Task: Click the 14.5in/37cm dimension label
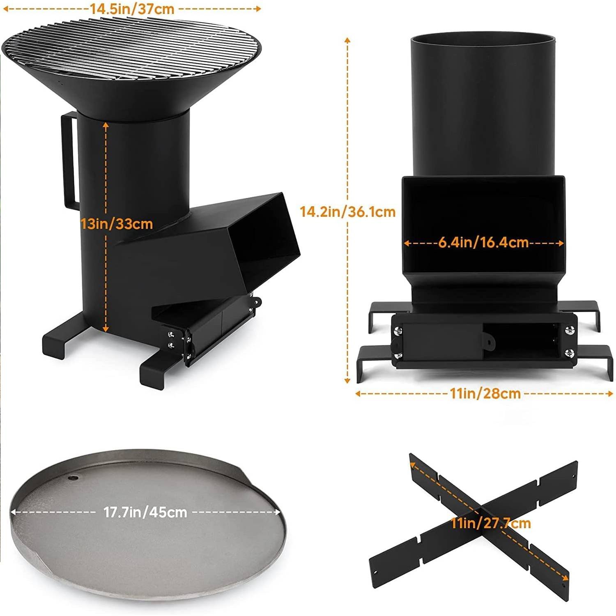(x=132, y=9)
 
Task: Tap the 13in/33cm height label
(x=117, y=224)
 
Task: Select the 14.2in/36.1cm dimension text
(x=347, y=211)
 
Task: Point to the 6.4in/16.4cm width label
(x=483, y=242)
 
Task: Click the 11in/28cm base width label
(x=485, y=393)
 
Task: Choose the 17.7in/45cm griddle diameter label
(x=145, y=512)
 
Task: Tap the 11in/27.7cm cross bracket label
(x=491, y=523)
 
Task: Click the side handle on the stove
(x=68, y=160)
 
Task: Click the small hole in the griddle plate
(x=73, y=478)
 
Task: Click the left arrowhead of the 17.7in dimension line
(x=13, y=512)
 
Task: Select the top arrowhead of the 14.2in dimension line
(x=347, y=40)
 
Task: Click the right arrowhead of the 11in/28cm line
(x=610, y=393)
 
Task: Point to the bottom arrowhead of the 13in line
(x=106, y=329)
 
